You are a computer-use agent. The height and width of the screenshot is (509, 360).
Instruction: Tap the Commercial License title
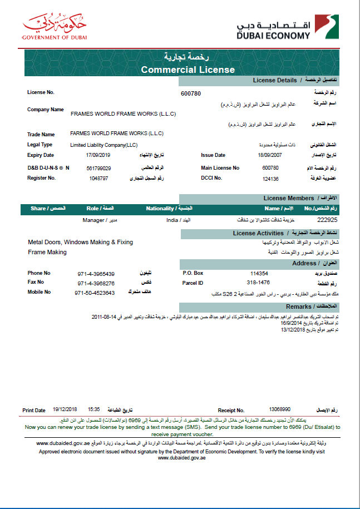coord(188,70)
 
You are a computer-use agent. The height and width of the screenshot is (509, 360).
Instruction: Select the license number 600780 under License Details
coord(191,93)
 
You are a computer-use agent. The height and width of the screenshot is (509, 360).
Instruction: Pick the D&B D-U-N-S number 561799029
coord(98,167)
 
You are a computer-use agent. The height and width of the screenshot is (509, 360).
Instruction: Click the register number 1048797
coord(98,178)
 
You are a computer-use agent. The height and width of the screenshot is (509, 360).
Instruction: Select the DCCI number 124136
coord(270,179)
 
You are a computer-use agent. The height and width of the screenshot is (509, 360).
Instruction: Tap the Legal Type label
coord(40,145)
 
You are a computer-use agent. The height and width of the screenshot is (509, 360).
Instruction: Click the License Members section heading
coord(289,198)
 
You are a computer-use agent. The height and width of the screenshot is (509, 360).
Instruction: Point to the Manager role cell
coord(93,220)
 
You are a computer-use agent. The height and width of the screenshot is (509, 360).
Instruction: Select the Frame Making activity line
coord(47,252)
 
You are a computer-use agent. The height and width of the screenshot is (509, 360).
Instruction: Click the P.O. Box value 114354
coord(259,273)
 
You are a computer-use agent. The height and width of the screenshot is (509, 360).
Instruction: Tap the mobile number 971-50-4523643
coord(95,292)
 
